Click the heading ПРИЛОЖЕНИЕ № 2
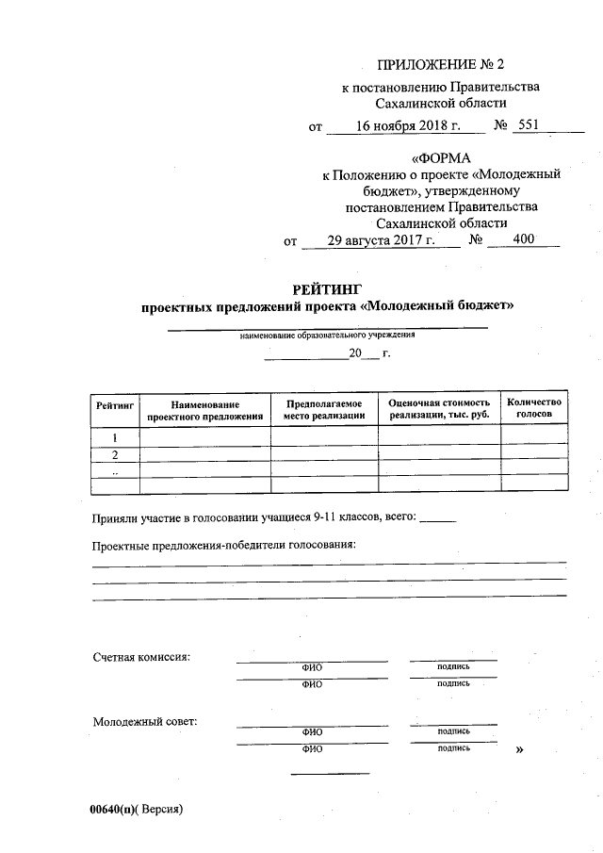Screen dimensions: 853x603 pyautogui.click(x=441, y=65)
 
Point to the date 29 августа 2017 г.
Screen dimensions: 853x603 pyautogui.click(x=381, y=239)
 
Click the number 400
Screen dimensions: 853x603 pyautogui.click(x=523, y=239)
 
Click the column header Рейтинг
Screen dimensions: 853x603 pyautogui.click(x=115, y=403)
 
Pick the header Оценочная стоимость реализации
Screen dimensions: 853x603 pyautogui.click(x=439, y=408)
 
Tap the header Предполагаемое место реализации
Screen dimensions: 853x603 pyautogui.click(x=324, y=408)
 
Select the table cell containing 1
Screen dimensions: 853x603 pyautogui.click(x=115, y=436)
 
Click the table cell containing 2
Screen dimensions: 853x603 pyautogui.click(x=115, y=454)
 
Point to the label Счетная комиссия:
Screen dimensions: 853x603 pyautogui.click(x=141, y=656)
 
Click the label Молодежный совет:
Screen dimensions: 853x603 pyautogui.click(x=144, y=722)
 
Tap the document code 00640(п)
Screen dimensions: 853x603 pyautogui.click(x=113, y=809)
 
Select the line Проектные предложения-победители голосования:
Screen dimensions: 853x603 pyautogui.click(x=224, y=546)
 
